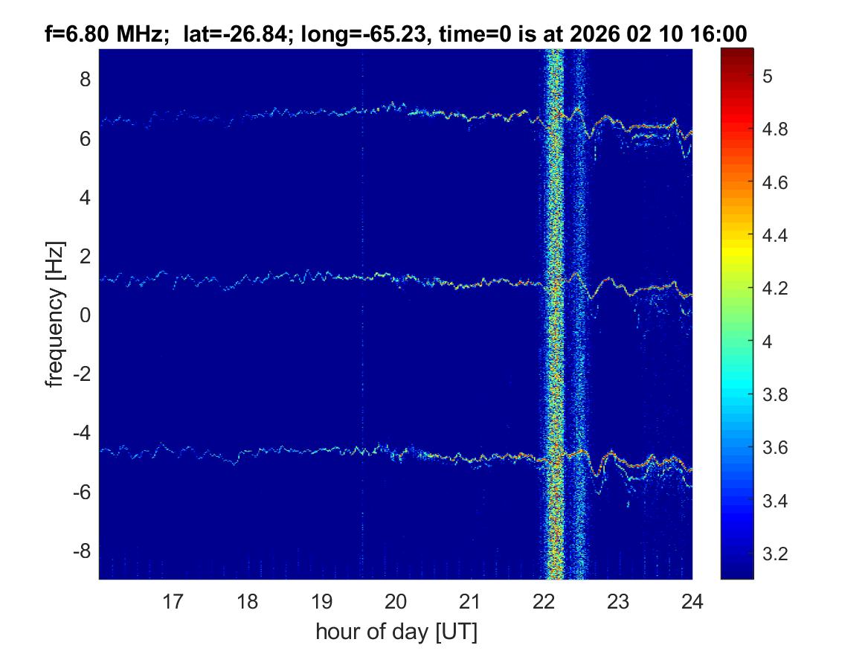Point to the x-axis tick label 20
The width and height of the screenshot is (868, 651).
396,601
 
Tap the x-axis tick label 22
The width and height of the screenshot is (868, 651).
544,601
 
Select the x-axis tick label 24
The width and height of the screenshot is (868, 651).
692,601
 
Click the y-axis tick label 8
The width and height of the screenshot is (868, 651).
86,79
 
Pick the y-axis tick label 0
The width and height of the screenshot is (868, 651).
86,315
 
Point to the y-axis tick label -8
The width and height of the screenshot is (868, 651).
82,551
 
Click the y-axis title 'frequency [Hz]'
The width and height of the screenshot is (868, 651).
54,315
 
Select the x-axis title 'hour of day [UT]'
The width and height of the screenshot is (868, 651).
396,632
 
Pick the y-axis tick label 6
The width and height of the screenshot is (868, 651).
86,138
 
